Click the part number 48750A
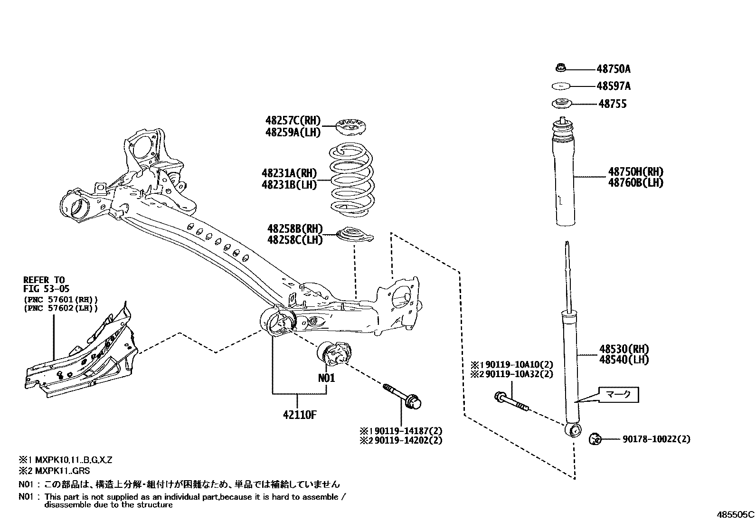[613, 69]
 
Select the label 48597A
[614, 86]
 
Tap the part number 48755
[612, 104]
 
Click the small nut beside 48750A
[561, 68]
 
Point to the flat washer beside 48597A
[560, 86]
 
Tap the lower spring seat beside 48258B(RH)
[354, 235]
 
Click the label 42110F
[299, 415]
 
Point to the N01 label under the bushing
[326, 378]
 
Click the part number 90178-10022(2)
[656, 439]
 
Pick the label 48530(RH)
[624, 349]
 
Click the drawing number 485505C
[735, 515]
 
